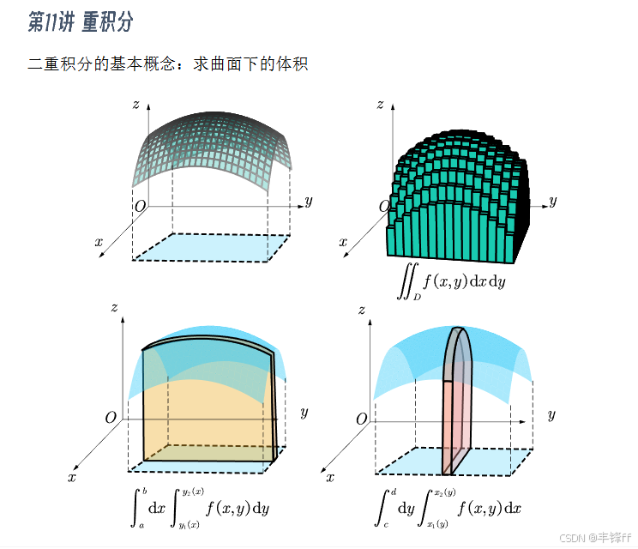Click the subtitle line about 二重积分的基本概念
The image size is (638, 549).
pyautogui.click(x=167, y=64)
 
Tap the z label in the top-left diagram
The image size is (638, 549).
pyautogui.click(x=136, y=105)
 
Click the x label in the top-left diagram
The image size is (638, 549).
pyautogui.click(x=99, y=242)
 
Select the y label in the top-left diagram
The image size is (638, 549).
pyautogui.click(x=308, y=202)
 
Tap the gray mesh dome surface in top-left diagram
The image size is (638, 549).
pyautogui.click(x=214, y=146)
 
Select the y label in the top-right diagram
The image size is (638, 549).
pyautogui.click(x=553, y=202)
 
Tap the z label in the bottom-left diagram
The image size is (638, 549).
pyautogui.click(x=114, y=307)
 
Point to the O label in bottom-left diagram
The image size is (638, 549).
pyautogui.click(x=110, y=418)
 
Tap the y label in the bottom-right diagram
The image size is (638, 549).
pyautogui.click(x=551, y=414)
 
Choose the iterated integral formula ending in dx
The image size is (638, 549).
pyautogui.click(x=448, y=507)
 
